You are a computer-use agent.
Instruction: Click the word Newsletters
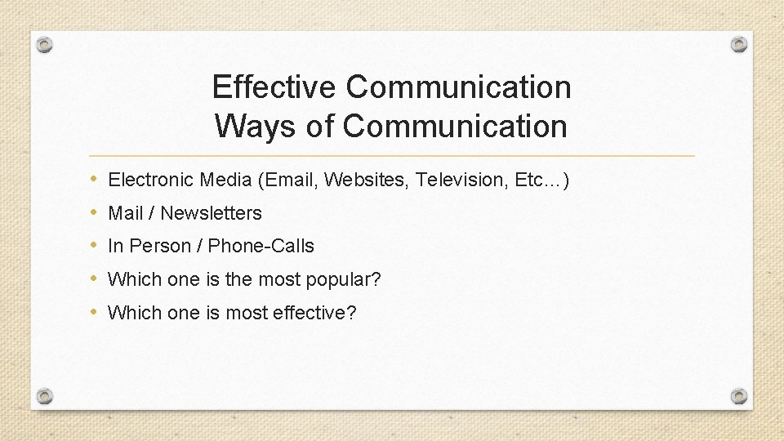click(x=211, y=213)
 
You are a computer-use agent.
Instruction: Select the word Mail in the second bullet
click(x=126, y=213)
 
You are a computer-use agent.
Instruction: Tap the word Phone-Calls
click(x=261, y=246)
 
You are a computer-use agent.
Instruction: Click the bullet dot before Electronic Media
click(x=95, y=179)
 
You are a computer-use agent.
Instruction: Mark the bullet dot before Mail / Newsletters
click(x=95, y=212)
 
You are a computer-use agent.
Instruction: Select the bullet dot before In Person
click(x=95, y=245)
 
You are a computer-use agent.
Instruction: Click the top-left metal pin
click(x=45, y=44)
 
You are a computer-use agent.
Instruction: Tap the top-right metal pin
click(x=738, y=44)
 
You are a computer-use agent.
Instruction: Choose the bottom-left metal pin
click(x=45, y=396)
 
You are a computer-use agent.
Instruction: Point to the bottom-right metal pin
click(x=738, y=396)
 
